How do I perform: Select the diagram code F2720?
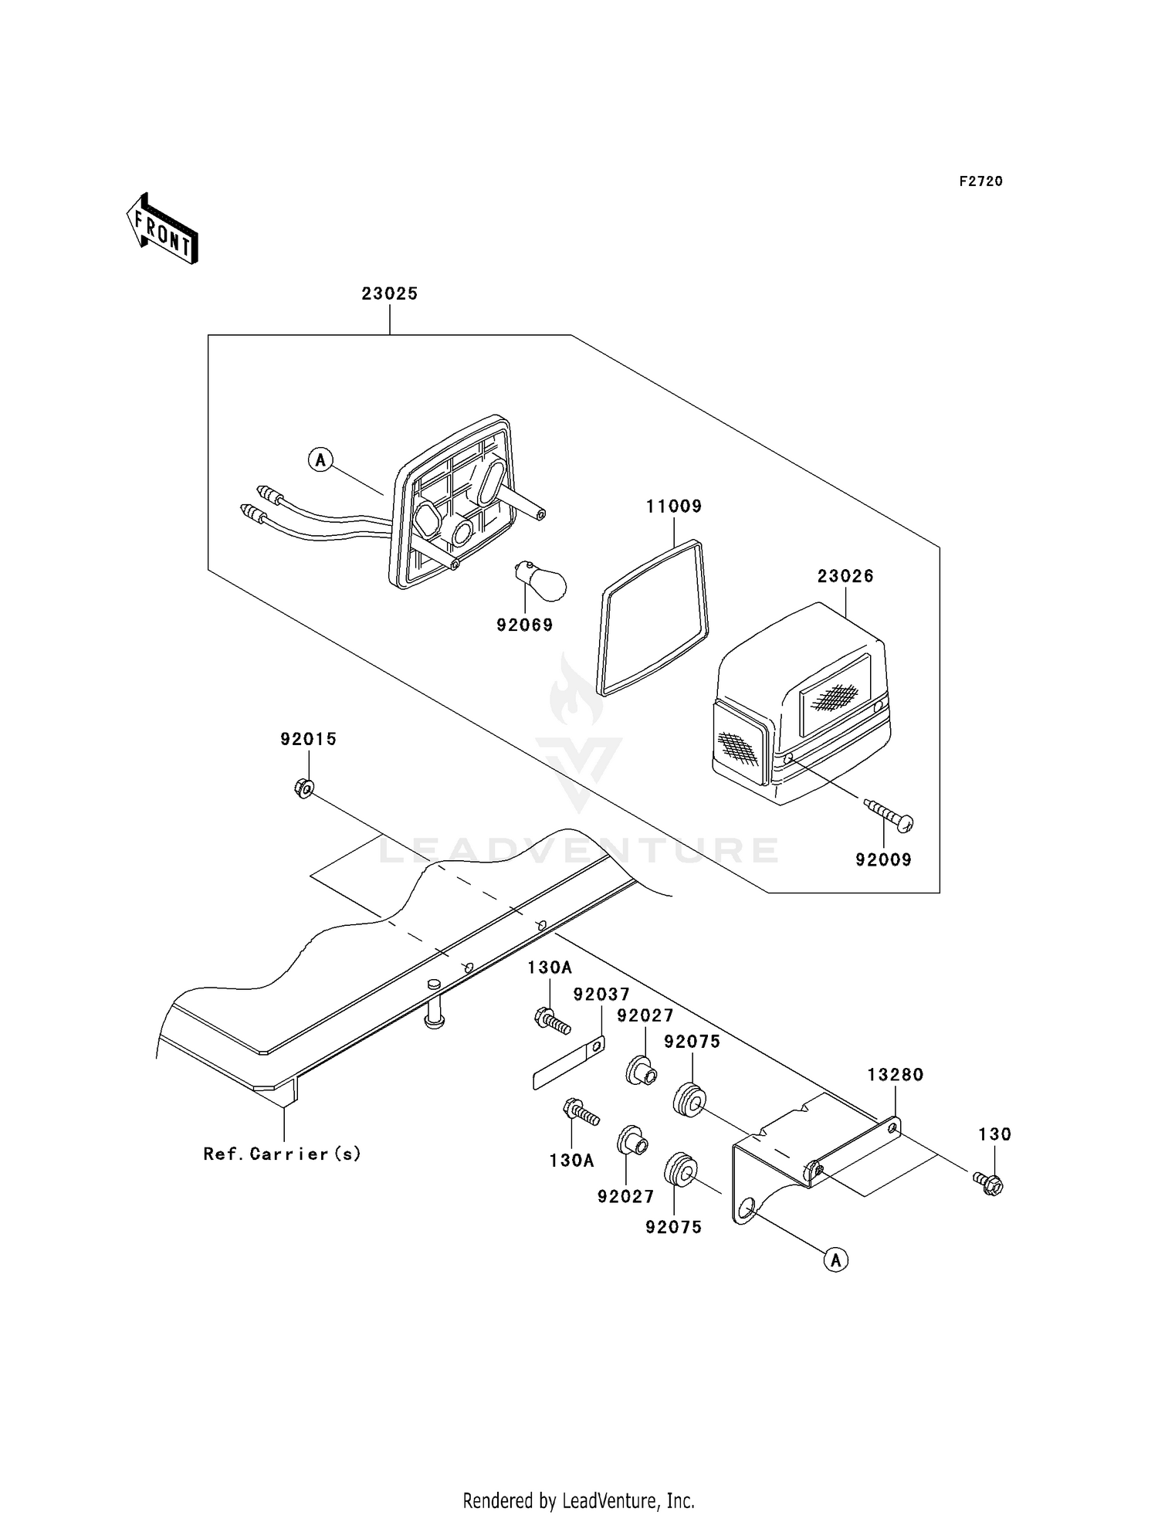click(981, 181)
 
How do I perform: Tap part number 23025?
click(390, 293)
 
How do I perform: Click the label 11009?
click(674, 507)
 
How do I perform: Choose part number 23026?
click(845, 576)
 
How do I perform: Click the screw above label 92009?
click(889, 815)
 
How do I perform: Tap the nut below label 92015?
click(303, 788)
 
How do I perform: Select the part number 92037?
click(602, 994)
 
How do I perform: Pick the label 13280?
click(896, 1075)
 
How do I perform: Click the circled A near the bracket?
click(836, 1260)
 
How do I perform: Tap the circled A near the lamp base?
click(320, 461)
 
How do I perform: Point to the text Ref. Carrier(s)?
click(283, 1154)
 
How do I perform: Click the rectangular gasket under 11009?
click(653, 618)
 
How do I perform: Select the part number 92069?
click(525, 625)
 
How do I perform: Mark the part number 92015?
click(309, 739)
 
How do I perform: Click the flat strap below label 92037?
click(569, 1062)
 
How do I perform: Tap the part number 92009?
click(884, 859)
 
